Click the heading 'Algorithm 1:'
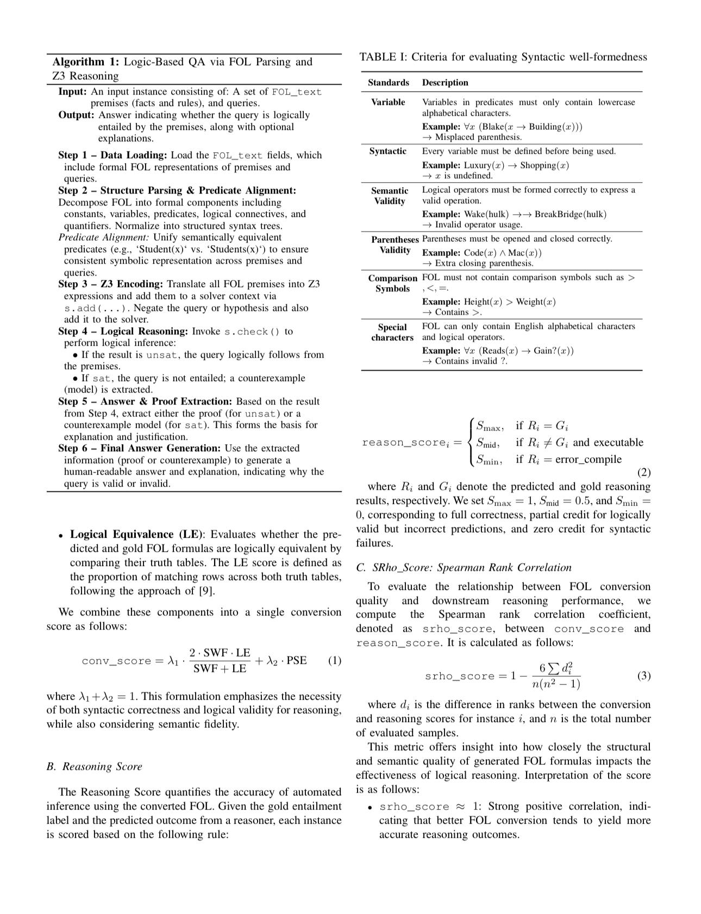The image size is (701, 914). (86, 62)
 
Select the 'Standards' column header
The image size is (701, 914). (388, 83)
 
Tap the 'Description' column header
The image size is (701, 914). (445, 83)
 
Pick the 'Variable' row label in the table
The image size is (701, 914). (388, 102)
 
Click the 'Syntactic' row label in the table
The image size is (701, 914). (388, 151)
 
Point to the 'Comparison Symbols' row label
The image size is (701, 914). (392, 283)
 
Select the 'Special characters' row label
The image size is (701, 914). (392, 332)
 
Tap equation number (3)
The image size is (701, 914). (643, 676)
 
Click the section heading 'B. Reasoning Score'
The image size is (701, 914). (94, 767)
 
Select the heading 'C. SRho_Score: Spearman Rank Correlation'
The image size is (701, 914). (464, 568)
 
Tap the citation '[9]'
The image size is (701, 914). (206, 591)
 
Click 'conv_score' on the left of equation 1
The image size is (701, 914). (116, 661)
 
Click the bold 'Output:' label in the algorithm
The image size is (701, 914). (77, 115)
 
